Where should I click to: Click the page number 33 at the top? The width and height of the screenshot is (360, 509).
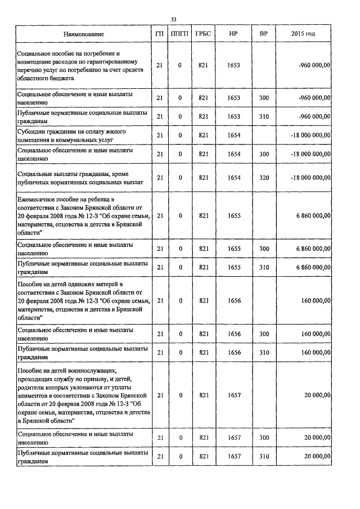point(173,20)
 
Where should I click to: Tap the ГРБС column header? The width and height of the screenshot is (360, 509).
point(203,34)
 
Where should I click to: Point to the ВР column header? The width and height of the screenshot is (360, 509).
point(263,34)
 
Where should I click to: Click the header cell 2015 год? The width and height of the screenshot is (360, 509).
point(303,34)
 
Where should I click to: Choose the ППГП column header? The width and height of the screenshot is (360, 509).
point(181,34)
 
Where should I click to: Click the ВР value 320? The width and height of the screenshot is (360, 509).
point(263,178)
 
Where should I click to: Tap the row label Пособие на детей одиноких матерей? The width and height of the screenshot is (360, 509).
point(84,301)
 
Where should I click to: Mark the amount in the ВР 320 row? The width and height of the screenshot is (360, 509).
point(308,178)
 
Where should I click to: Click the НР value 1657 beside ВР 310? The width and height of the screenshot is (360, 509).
point(235,456)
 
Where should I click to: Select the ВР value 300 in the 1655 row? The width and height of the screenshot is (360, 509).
point(263,249)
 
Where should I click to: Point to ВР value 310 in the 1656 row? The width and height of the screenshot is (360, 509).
point(263,353)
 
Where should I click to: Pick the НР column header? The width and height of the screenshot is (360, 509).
point(235,34)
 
